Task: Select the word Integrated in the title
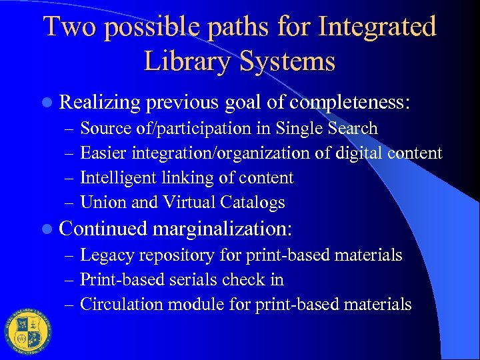click(x=378, y=27)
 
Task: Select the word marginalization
click(x=222, y=229)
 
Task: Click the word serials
click(x=205, y=280)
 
